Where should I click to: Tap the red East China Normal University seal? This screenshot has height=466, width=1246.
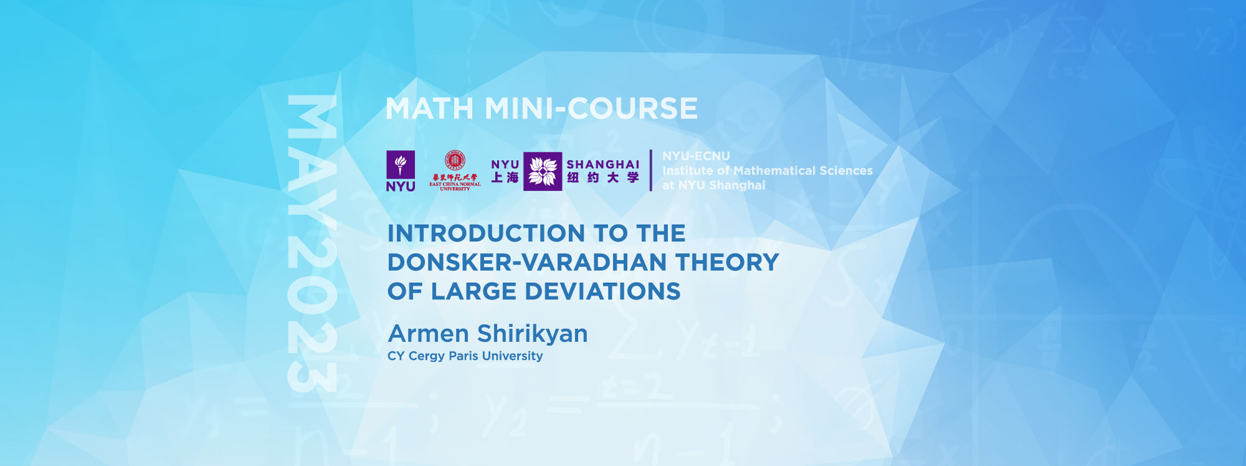455,161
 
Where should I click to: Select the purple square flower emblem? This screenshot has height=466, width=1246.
542,171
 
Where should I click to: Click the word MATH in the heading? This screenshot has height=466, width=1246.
430,109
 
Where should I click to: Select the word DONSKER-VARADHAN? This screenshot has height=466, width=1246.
527,262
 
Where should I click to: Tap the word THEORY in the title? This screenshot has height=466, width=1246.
727,262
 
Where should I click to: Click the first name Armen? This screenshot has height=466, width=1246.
428,334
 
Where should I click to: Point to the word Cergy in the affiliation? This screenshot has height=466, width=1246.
426,356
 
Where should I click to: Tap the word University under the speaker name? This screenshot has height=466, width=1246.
512,356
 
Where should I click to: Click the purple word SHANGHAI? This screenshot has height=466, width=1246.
602,164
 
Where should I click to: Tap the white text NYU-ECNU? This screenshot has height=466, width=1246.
696,156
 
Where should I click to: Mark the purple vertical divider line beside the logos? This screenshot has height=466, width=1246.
651,170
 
